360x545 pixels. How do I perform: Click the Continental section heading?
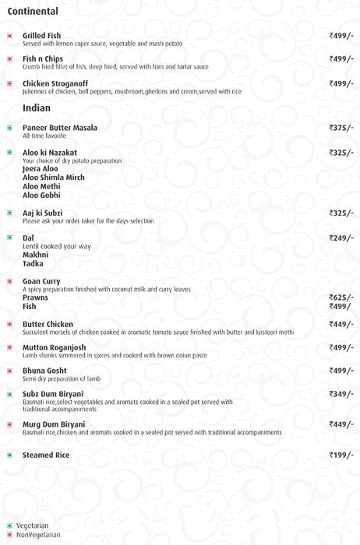click(x=32, y=12)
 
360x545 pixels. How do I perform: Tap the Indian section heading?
click(x=37, y=107)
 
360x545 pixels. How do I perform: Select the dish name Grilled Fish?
click(x=42, y=36)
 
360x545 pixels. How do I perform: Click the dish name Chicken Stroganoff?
click(x=55, y=83)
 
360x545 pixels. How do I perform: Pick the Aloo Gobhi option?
click(x=41, y=195)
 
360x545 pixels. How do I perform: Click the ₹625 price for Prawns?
click(x=341, y=297)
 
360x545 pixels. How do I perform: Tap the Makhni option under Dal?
click(x=36, y=255)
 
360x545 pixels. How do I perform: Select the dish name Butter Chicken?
click(x=48, y=324)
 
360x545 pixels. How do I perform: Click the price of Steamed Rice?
click(x=341, y=455)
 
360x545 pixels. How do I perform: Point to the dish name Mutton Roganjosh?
click(x=55, y=347)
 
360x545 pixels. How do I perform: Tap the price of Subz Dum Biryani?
click(x=341, y=395)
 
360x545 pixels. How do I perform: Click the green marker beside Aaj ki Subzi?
click(x=9, y=213)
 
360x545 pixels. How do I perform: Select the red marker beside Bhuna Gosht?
click(x=9, y=371)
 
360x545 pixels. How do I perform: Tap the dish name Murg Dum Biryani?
click(x=54, y=424)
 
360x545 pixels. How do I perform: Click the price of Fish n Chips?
click(x=341, y=59)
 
